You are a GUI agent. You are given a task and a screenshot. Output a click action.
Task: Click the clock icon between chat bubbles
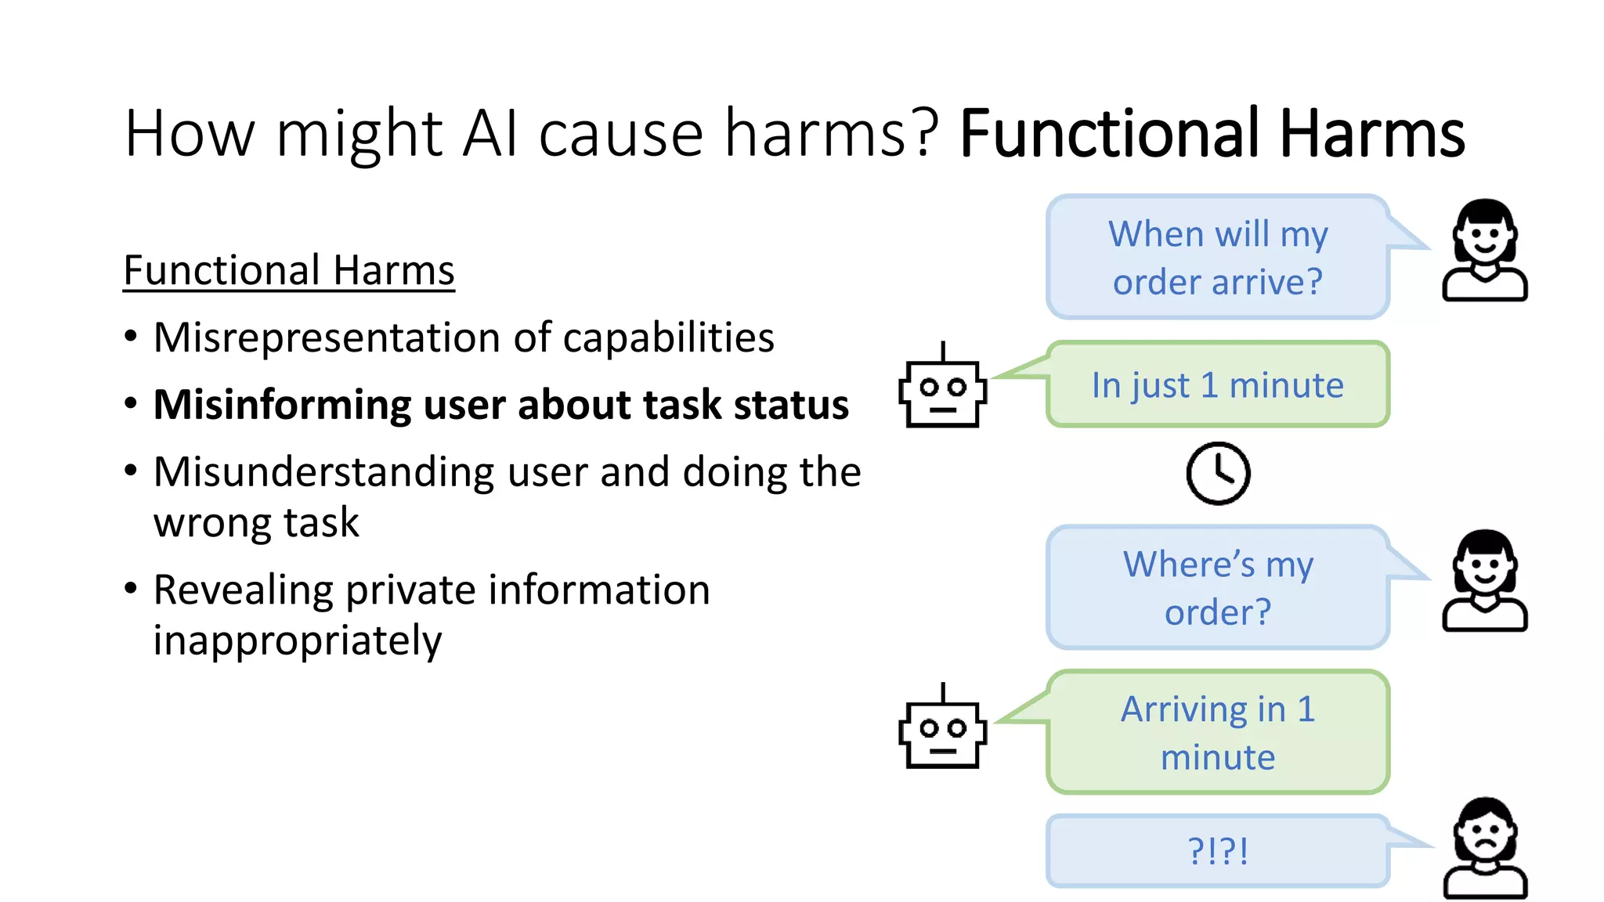click(x=1218, y=473)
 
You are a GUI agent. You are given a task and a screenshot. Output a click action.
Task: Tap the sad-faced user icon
click(x=1485, y=848)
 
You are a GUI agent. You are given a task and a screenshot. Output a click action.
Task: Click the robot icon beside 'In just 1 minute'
click(x=942, y=388)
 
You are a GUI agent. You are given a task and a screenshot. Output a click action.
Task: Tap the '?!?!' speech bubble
click(x=1218, y=851)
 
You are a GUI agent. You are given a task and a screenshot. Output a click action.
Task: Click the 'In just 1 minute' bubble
click(x=1218, y=384)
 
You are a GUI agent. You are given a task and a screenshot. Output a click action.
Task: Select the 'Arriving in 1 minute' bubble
click(x=1218, y=732)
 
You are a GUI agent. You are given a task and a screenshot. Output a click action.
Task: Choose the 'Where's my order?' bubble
click(x=1218, y=587)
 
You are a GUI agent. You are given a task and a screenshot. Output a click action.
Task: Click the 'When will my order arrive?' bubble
click(x=1218, y=257)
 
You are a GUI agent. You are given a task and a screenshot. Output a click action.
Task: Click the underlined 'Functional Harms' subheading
click(x=289, y=271)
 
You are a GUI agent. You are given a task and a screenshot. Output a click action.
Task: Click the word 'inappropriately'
click(x=297, y=641)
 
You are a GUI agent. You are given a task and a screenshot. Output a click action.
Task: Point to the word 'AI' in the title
click(x=490, y=134)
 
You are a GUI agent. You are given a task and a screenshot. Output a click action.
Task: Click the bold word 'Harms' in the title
click(x=1371, y=134)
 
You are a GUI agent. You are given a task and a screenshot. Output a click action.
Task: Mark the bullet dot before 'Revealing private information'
click(x=131, y=588)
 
